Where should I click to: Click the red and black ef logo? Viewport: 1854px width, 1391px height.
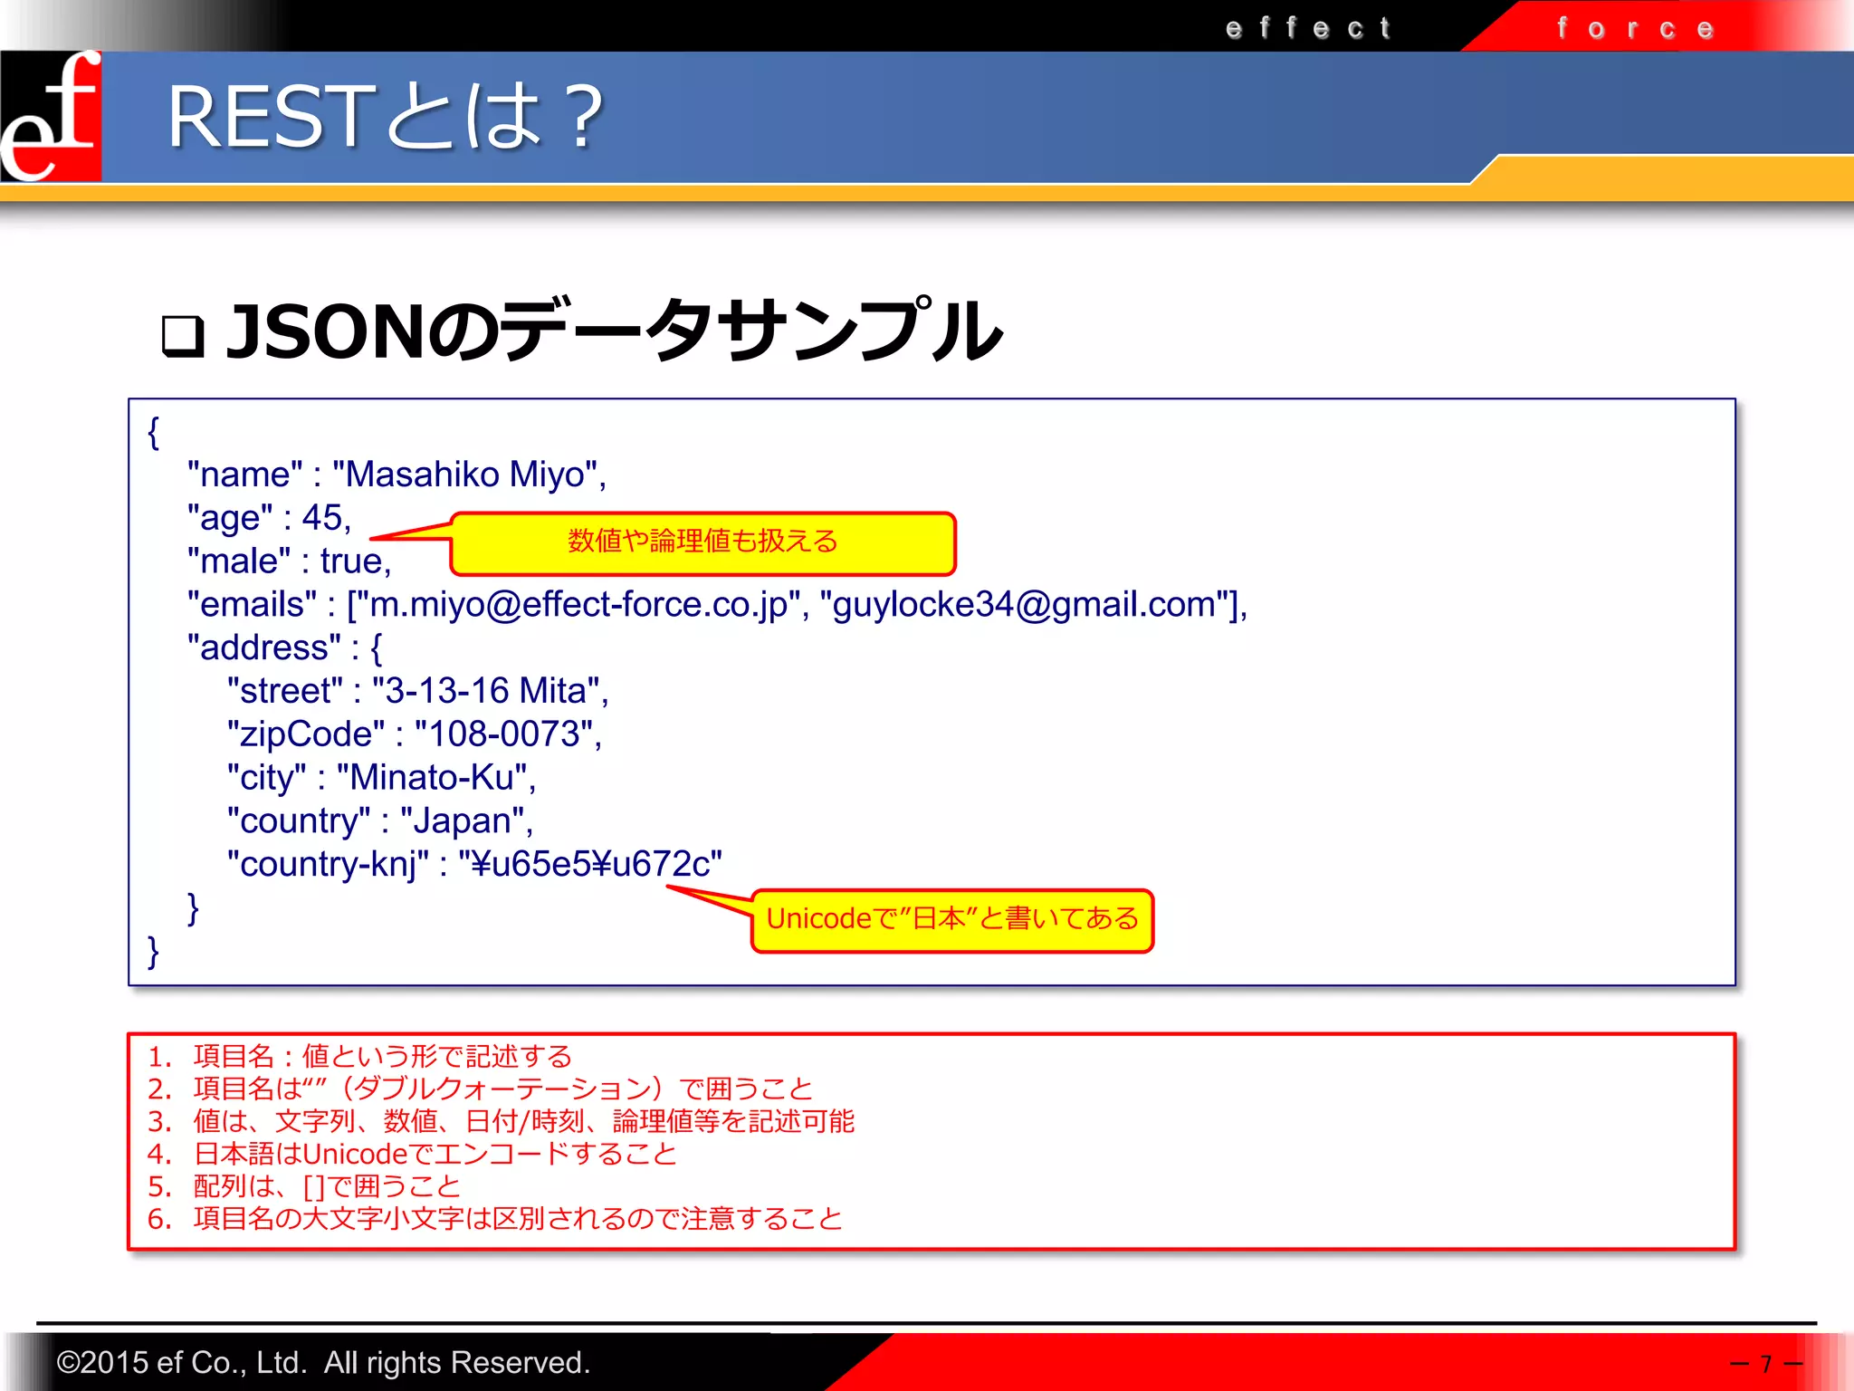[x=51, y=116]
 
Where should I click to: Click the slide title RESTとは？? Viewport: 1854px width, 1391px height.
[x=386, y=118]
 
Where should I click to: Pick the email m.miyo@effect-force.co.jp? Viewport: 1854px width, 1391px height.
[x=579, y=605]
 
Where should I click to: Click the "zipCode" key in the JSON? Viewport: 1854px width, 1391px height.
[x=306, y=734]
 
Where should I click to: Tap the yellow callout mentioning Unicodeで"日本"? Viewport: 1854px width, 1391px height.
[x=952, y=920]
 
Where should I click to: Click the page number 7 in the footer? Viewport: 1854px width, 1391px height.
[x=1765, y=1364]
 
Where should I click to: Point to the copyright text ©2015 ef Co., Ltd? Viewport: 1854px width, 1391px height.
[x=322, y=1363]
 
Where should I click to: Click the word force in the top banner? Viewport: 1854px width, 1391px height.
[x=1635, y=29]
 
